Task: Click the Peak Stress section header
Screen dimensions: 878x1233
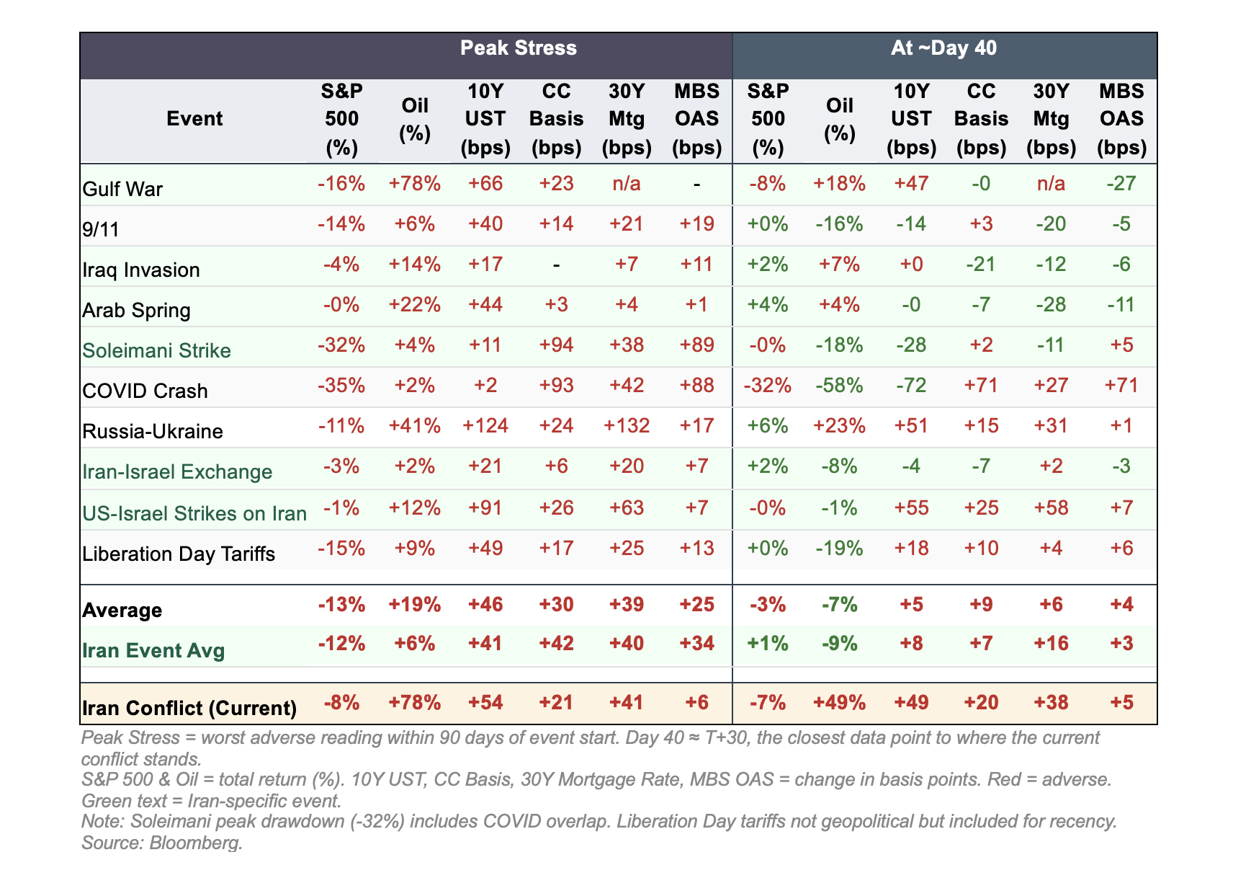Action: coord(518,48)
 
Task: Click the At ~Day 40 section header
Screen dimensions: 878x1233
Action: coord(943,48)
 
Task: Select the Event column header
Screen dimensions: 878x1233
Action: coord(194,119)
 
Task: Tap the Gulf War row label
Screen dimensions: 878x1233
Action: coord(122,190)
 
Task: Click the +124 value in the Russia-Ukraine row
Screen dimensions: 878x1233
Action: coord(485,425)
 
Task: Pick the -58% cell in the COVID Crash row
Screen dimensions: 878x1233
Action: coord(839,385)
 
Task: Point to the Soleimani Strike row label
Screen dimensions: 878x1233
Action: coord(156,351)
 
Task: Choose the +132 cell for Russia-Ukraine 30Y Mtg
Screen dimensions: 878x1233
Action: coord(626,425)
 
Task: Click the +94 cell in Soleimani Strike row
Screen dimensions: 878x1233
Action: coord(556,345)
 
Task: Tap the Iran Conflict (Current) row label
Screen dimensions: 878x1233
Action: coord(189,708)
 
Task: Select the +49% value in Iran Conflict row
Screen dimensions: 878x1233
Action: coord(839,702)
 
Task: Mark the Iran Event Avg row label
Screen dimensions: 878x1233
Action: coord(153,651)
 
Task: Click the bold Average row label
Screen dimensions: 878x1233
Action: coord(122,611)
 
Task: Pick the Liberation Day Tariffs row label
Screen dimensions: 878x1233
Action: coord(179,554)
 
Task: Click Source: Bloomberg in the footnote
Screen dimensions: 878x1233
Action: coord(162,843)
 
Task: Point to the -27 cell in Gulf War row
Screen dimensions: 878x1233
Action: coord(1121,183)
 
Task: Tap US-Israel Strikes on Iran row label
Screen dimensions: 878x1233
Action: coord(194,514)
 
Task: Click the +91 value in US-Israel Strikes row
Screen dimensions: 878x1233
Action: coord(485,507)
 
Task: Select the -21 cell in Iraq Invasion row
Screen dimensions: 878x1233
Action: coord(980,264)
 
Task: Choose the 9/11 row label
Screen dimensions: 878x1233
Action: coord(100,230)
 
